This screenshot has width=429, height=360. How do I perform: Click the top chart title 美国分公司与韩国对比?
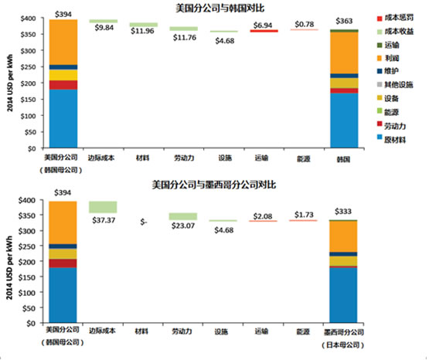tap(214, 7)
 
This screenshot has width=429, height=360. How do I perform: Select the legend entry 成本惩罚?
tap(399, 17)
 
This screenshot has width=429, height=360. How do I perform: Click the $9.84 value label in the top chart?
tap(103, 29)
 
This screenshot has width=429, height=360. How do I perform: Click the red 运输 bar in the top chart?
tap(264, 31)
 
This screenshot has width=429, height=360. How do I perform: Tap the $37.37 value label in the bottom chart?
tap(103, 219)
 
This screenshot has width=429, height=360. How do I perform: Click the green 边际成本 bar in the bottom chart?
tap(103, 206)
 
